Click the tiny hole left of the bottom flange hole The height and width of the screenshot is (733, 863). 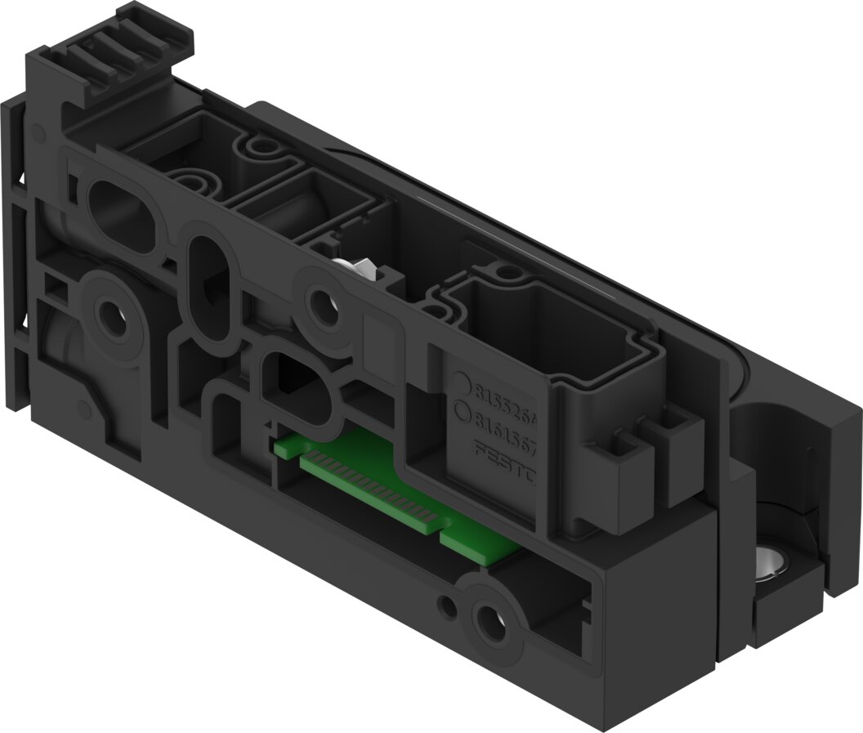[x=447, y=606]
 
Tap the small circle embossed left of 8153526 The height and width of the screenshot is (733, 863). [x=462, y=384]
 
